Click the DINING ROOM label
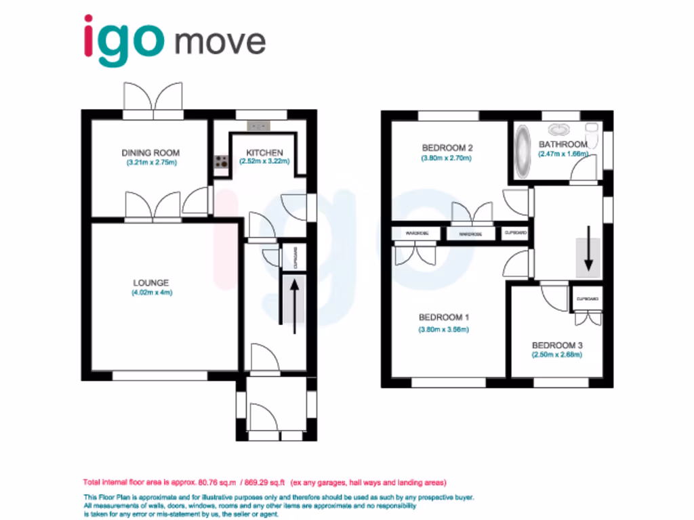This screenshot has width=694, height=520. tap(150, 152)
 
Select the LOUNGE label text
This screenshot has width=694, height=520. tap(150, 282)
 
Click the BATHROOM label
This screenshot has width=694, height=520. tap(563, 144)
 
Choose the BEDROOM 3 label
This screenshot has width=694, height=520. tap(557, 345)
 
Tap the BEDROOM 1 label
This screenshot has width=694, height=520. tap(444, 318)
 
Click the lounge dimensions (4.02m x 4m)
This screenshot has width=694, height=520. tap(152, 293)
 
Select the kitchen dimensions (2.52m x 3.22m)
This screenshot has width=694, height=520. tap(264, 162)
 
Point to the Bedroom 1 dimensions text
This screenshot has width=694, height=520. tap(444, 330)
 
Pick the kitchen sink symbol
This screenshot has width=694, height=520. tap(258, 125)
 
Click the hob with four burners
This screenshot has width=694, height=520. tap(221, 161)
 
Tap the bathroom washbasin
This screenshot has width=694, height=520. tap(560, 129)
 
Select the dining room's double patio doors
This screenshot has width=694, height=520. tap(153, 101)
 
